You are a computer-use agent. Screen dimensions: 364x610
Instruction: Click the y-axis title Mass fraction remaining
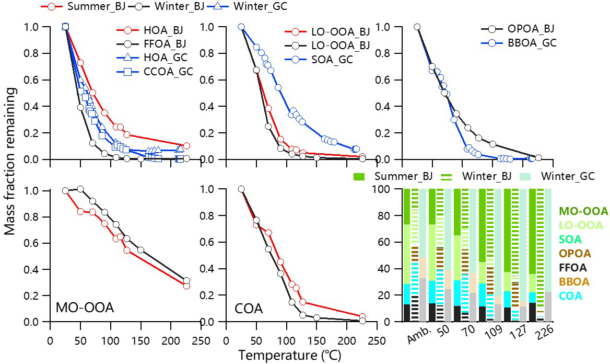click(11, 161)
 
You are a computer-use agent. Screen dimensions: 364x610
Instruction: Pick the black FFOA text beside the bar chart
click(573, 268)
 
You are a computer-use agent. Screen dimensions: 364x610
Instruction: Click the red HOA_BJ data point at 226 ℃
click(186, 146)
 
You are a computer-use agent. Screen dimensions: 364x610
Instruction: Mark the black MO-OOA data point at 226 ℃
click(186, 281)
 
